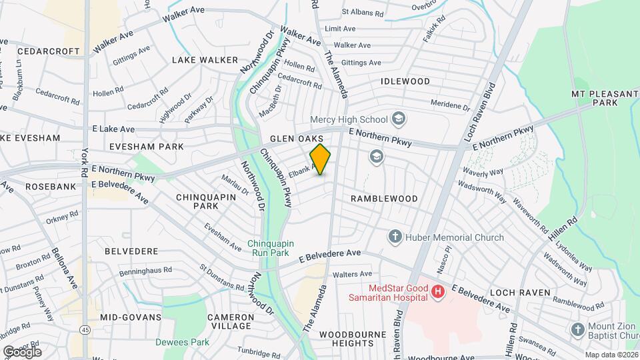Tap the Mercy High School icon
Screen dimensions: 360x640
tap(399, 120)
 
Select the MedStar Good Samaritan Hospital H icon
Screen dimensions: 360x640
tap(437, 291)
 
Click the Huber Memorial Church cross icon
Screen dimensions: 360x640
tap(395, 237)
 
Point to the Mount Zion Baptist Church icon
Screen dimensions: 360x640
tap(577, 330)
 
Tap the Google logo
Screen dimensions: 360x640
tap(21, 351)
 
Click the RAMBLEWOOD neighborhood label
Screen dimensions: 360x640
tap(384, 199)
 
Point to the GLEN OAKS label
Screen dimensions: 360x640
tap(297, 139)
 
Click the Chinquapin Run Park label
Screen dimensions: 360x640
tap(268, 248)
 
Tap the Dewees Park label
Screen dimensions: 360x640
tap(182, 342)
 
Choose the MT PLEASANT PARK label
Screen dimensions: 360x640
tap(605, 99)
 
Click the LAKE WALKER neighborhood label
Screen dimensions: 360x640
tap(205, 60)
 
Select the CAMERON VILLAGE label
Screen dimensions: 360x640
tap(229, 321)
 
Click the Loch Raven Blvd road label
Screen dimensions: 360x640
tap(482, 113)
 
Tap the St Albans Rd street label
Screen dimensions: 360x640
tap(362, 13)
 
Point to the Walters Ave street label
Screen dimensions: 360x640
tap(352, 274)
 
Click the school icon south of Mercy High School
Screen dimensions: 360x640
tap(376, 157)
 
